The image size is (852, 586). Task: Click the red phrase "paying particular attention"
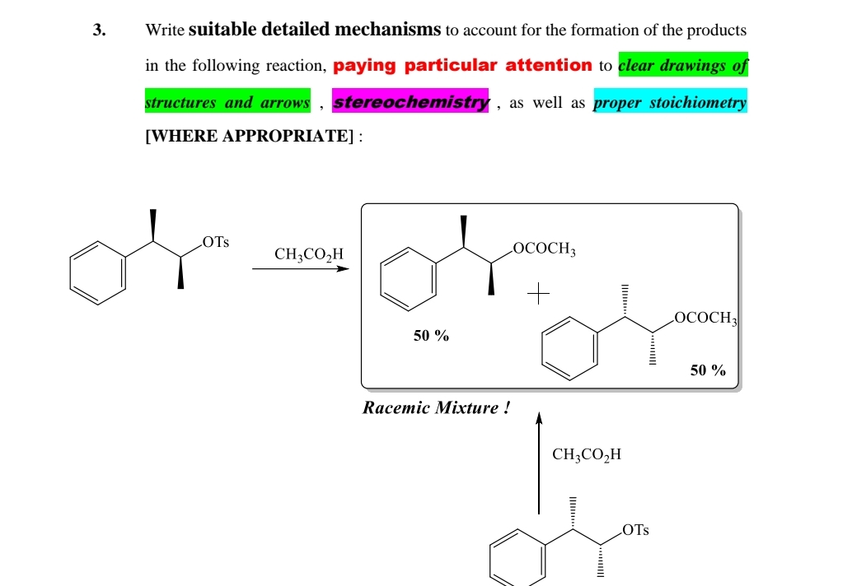pos(462,66)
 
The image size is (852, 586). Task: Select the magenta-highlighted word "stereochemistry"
pos(410,103)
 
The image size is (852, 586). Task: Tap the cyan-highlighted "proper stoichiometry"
pos(670,103)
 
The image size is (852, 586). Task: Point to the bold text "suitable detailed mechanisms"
pos(315,30)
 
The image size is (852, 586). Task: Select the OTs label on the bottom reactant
pos(635,530)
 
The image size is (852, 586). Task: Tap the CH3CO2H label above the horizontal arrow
pos(309,254)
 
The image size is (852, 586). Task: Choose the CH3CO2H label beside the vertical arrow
pos(587,454)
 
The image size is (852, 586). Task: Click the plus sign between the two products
pos(539,293)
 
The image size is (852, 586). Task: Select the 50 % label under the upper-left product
pos(431,336)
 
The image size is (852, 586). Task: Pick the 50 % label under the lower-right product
pos(708,370)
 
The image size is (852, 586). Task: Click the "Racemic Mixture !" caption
pos(431,407)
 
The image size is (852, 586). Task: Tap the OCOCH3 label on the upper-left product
pos(544,248)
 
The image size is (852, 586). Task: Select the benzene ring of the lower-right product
pos(569,349)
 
